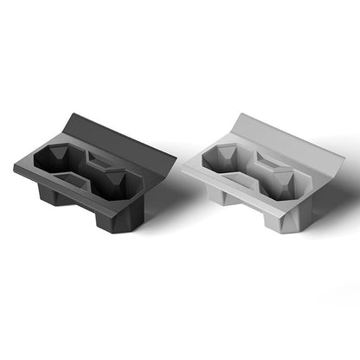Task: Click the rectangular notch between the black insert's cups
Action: tap(97, 161)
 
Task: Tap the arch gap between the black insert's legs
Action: tap(81, 212)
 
